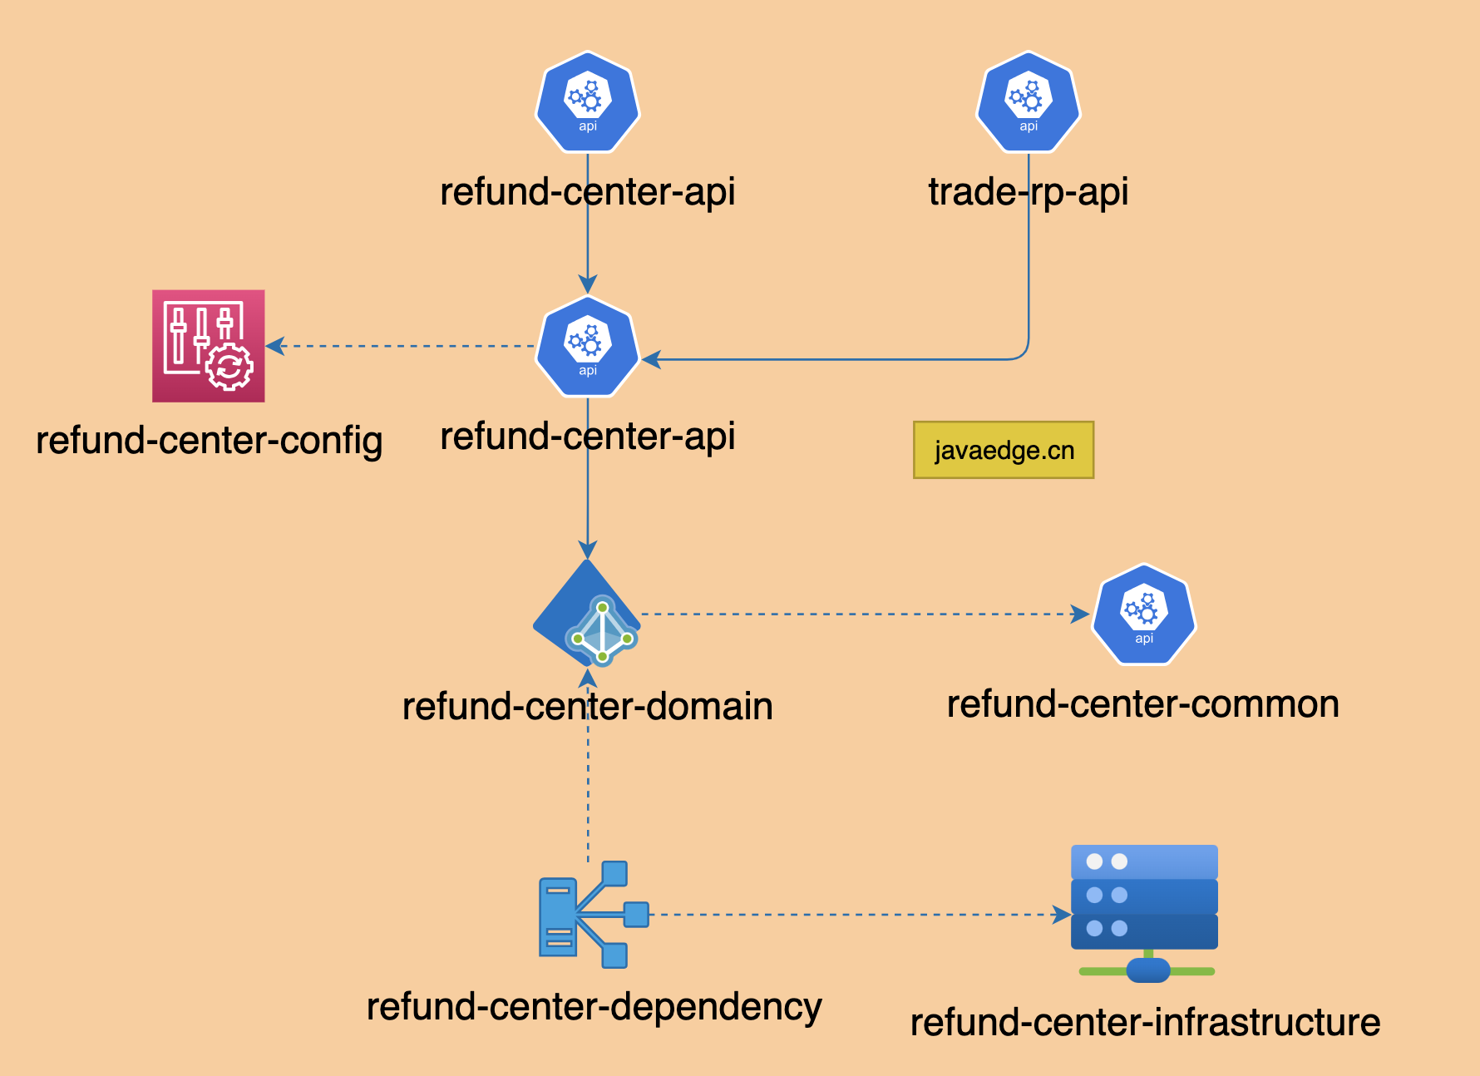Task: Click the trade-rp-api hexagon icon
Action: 1029,101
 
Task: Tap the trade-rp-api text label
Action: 1029,192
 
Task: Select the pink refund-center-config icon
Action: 209,346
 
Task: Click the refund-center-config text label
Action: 210,441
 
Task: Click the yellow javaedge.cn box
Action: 1004,450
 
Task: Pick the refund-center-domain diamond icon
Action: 587,613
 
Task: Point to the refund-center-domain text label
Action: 588,706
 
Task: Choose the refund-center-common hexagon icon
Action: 1144,615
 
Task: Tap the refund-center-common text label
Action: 1143,704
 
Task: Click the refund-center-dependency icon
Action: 594,915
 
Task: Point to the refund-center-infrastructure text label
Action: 1146,1023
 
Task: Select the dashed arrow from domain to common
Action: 866,615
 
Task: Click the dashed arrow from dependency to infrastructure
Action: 860,915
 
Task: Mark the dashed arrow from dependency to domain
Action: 588,765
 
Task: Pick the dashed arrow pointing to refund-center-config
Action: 400,346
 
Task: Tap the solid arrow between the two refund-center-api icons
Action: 588,224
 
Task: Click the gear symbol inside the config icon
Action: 229,367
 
